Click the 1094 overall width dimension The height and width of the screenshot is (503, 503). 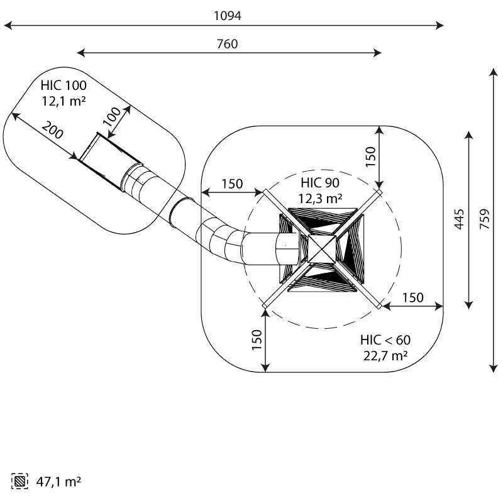228,16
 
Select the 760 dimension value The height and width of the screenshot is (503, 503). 228,44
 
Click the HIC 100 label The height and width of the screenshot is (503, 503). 64,86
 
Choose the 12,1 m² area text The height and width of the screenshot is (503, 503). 64,100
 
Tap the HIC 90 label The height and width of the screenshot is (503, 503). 319,184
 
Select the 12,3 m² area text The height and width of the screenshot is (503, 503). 320,198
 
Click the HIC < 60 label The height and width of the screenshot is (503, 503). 385,340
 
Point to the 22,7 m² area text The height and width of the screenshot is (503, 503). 385,355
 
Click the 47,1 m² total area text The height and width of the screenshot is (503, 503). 55,482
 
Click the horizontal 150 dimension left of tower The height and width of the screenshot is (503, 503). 231,184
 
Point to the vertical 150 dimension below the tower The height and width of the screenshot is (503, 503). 257,340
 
